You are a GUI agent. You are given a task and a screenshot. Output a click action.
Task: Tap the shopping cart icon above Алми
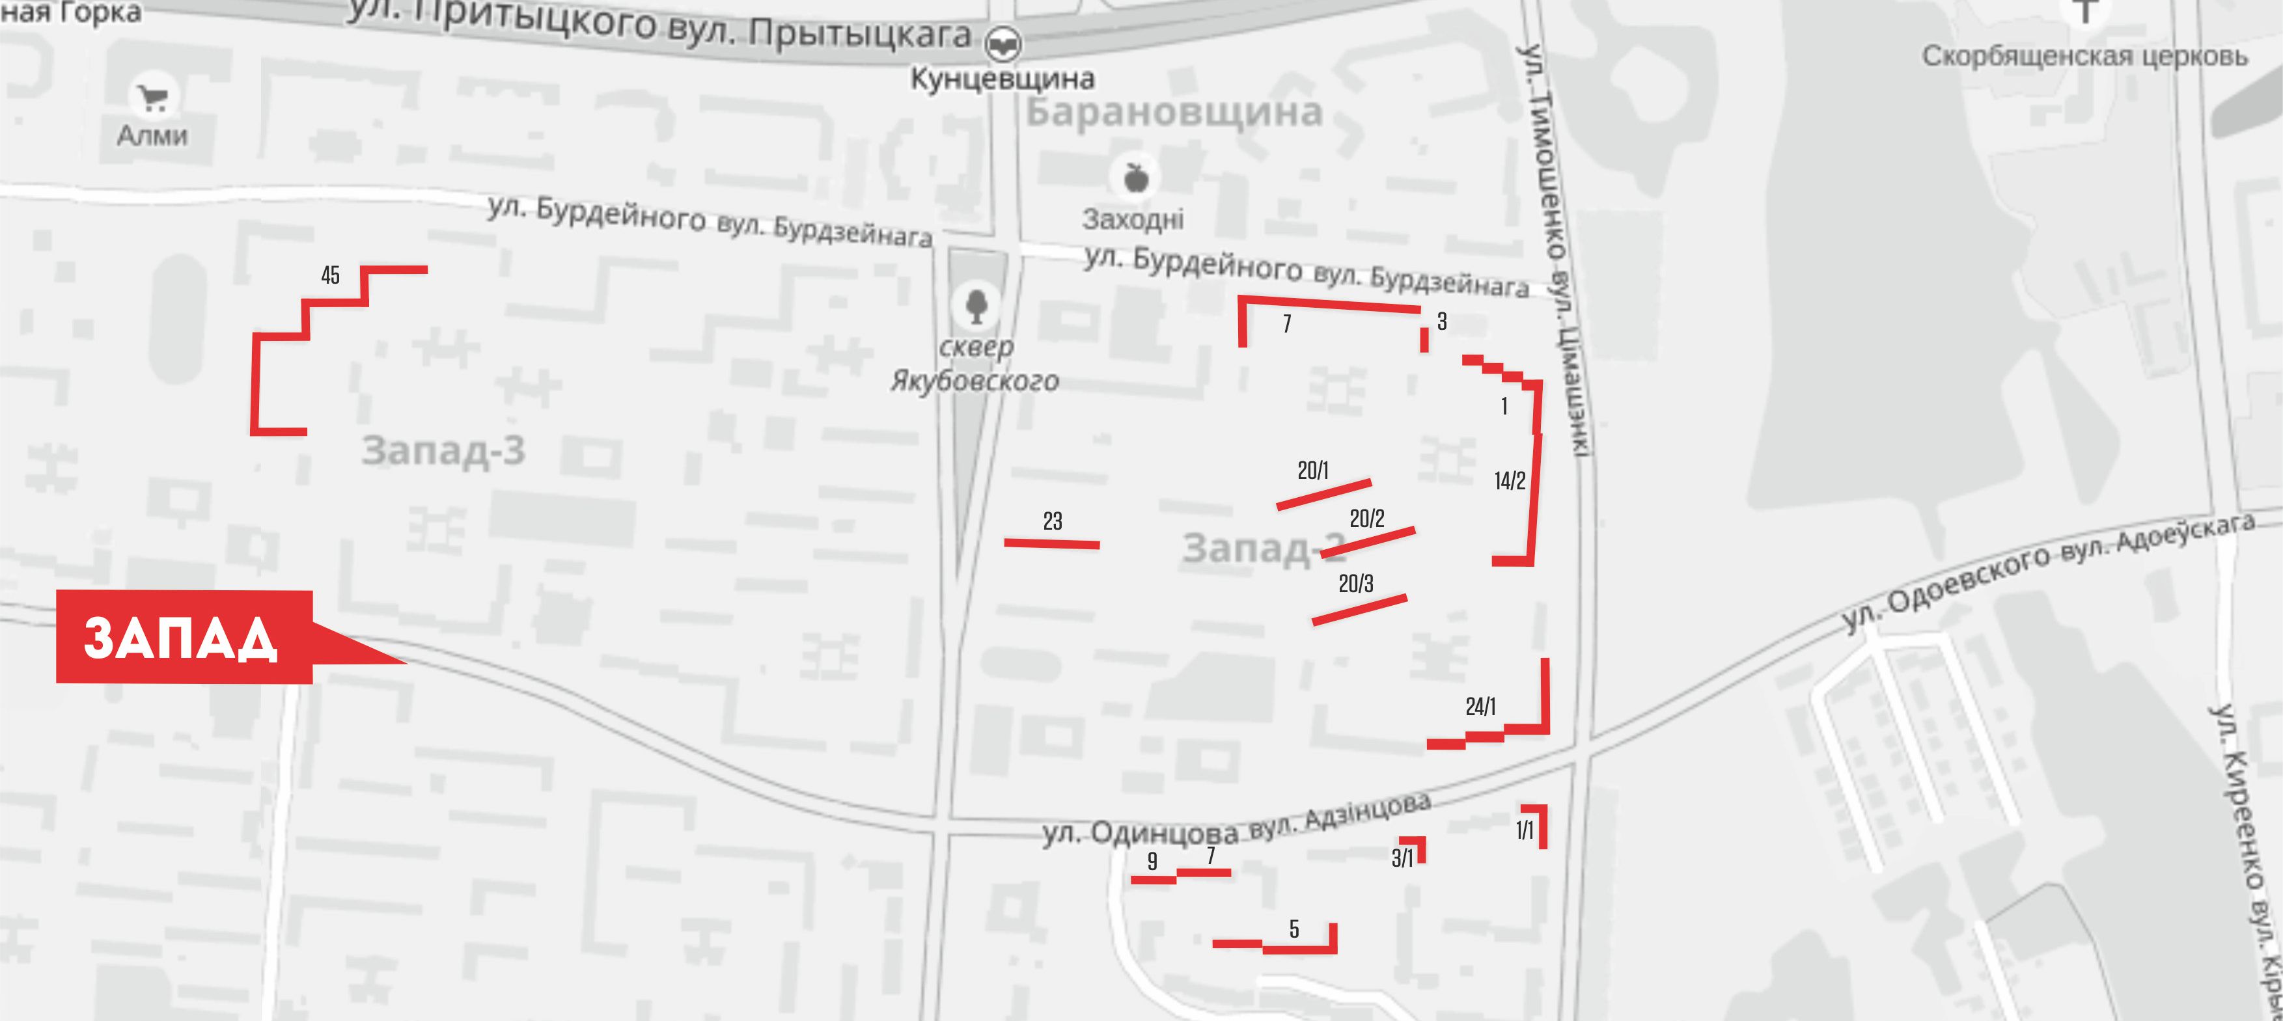tap(154, 98)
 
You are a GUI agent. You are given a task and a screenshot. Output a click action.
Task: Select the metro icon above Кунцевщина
tap(1003, 42)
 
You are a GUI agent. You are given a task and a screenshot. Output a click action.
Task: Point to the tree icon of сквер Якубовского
tap(976, 306)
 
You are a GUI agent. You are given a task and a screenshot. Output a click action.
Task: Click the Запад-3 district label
tap(443, 451)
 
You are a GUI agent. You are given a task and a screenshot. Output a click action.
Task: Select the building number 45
tap(331, 276)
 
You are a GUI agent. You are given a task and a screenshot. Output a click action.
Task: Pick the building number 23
tap(1052, 521)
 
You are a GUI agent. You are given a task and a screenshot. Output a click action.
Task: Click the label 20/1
tap(1312, 470)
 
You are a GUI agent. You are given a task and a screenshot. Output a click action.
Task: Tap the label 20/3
tap(1355, 583)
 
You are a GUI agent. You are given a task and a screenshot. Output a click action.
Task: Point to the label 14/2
tap(1509, 482)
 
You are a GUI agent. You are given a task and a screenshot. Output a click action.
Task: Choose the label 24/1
tap(1480, 706)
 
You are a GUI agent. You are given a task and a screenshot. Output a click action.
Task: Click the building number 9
tap(1152, 860)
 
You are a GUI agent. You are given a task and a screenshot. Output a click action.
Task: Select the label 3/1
tap(1402, 858)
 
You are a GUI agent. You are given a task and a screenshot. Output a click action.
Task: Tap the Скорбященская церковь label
tap(2084, 57)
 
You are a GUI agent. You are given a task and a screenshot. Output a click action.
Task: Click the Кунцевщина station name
tap(1003, 79)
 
